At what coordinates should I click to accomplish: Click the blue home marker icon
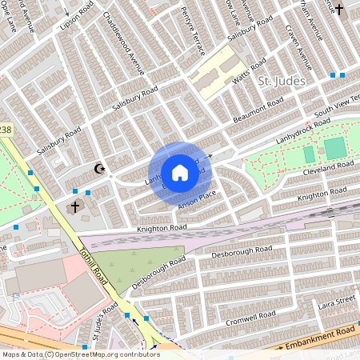[180, 173]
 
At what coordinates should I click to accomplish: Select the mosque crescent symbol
[100, 169]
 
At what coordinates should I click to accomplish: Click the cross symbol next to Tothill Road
[74, 206]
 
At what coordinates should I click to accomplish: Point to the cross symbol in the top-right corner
[338, 10]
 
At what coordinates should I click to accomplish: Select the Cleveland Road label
[328, 169]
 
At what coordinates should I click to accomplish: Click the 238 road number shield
[5, 129]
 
